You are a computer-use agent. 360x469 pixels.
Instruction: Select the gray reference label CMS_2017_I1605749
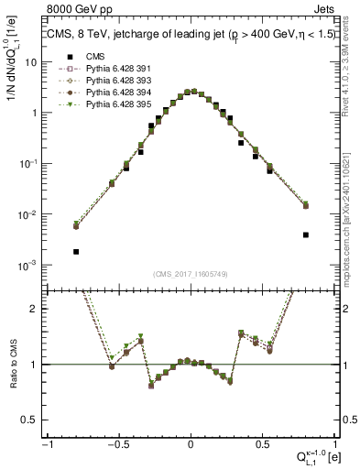[x=191, y=274]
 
